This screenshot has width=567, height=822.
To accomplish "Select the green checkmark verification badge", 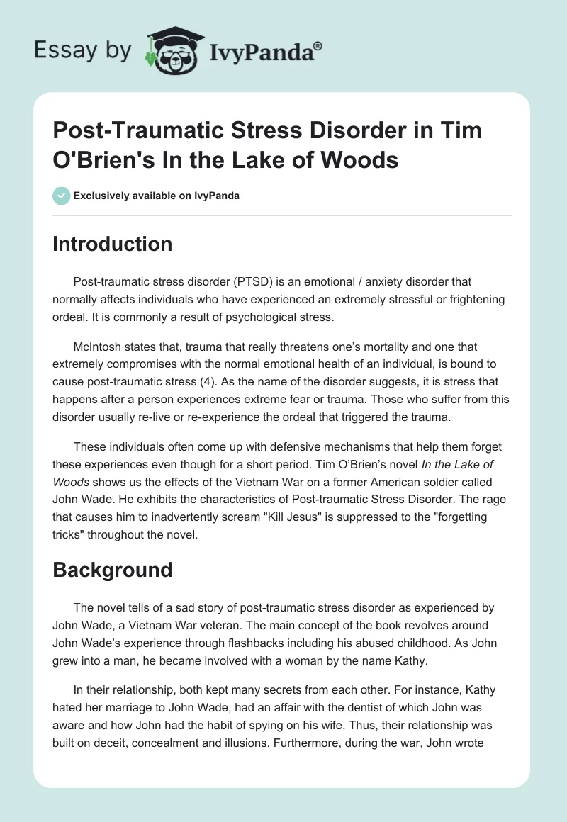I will pyautogui.click(x=61, y=196).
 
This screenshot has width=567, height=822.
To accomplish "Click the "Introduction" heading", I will pyautogui.click(x=113, y=244).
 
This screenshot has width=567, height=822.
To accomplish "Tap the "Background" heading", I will pyautogui.click(x=113, y=570).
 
